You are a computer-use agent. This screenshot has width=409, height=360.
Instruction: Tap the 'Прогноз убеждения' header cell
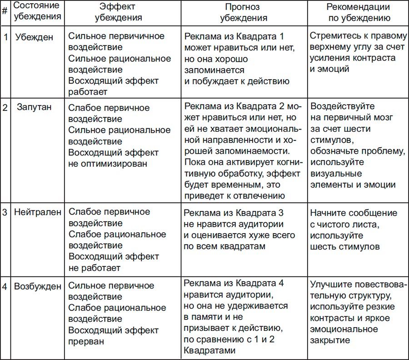tap(244, 12)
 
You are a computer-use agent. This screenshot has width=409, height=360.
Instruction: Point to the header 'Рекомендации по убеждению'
tap(358, 12)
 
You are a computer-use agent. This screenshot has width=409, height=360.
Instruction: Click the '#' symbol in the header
tap(5, 11)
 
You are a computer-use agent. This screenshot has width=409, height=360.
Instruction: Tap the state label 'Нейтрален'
tap(37, 212)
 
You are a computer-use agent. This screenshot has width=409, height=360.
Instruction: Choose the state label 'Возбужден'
tap(37, 286)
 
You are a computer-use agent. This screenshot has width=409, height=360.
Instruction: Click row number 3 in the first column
tap(5, 212)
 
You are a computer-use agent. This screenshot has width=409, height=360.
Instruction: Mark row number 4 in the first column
tap(5, 286)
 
